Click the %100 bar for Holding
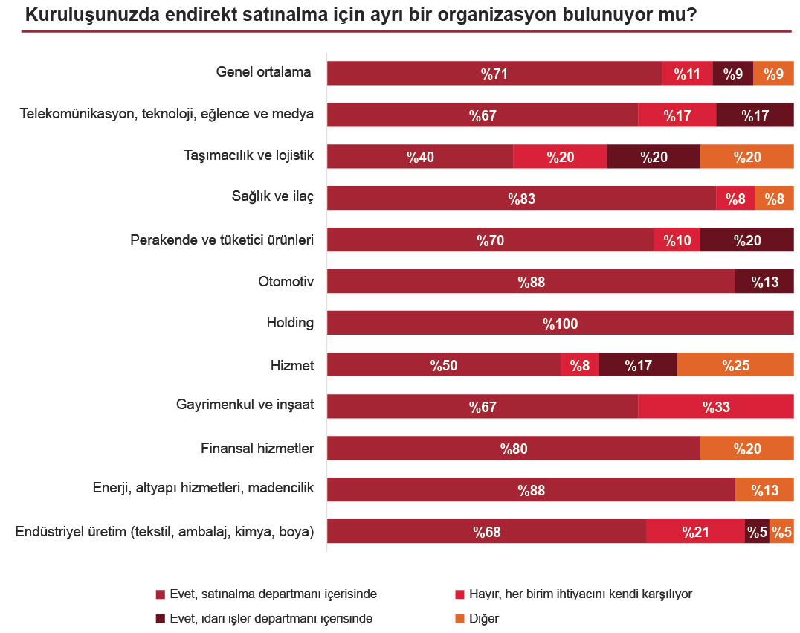click(560, 324)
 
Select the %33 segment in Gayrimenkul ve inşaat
click(716, 407)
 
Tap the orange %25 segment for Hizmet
click(735, 365)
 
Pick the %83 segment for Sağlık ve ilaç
click(521, 199)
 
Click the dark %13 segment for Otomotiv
click(764, 282)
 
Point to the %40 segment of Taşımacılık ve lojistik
click(420, 157)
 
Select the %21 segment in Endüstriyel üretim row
click(695, 532)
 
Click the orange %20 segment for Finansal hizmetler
click(746, 449)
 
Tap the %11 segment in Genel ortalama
click(687, 74)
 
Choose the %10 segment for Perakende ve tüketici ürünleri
click(677, 240)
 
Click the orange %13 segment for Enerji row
click(764, 490)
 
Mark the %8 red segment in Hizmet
click(579, 365)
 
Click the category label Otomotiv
click(286, 282)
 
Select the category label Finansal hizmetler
click(257, 449)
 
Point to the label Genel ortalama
click(263, 73)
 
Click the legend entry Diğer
click(483, 618)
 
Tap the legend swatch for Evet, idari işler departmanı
click(160, 618)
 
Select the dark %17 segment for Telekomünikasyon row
click(755, 115)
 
